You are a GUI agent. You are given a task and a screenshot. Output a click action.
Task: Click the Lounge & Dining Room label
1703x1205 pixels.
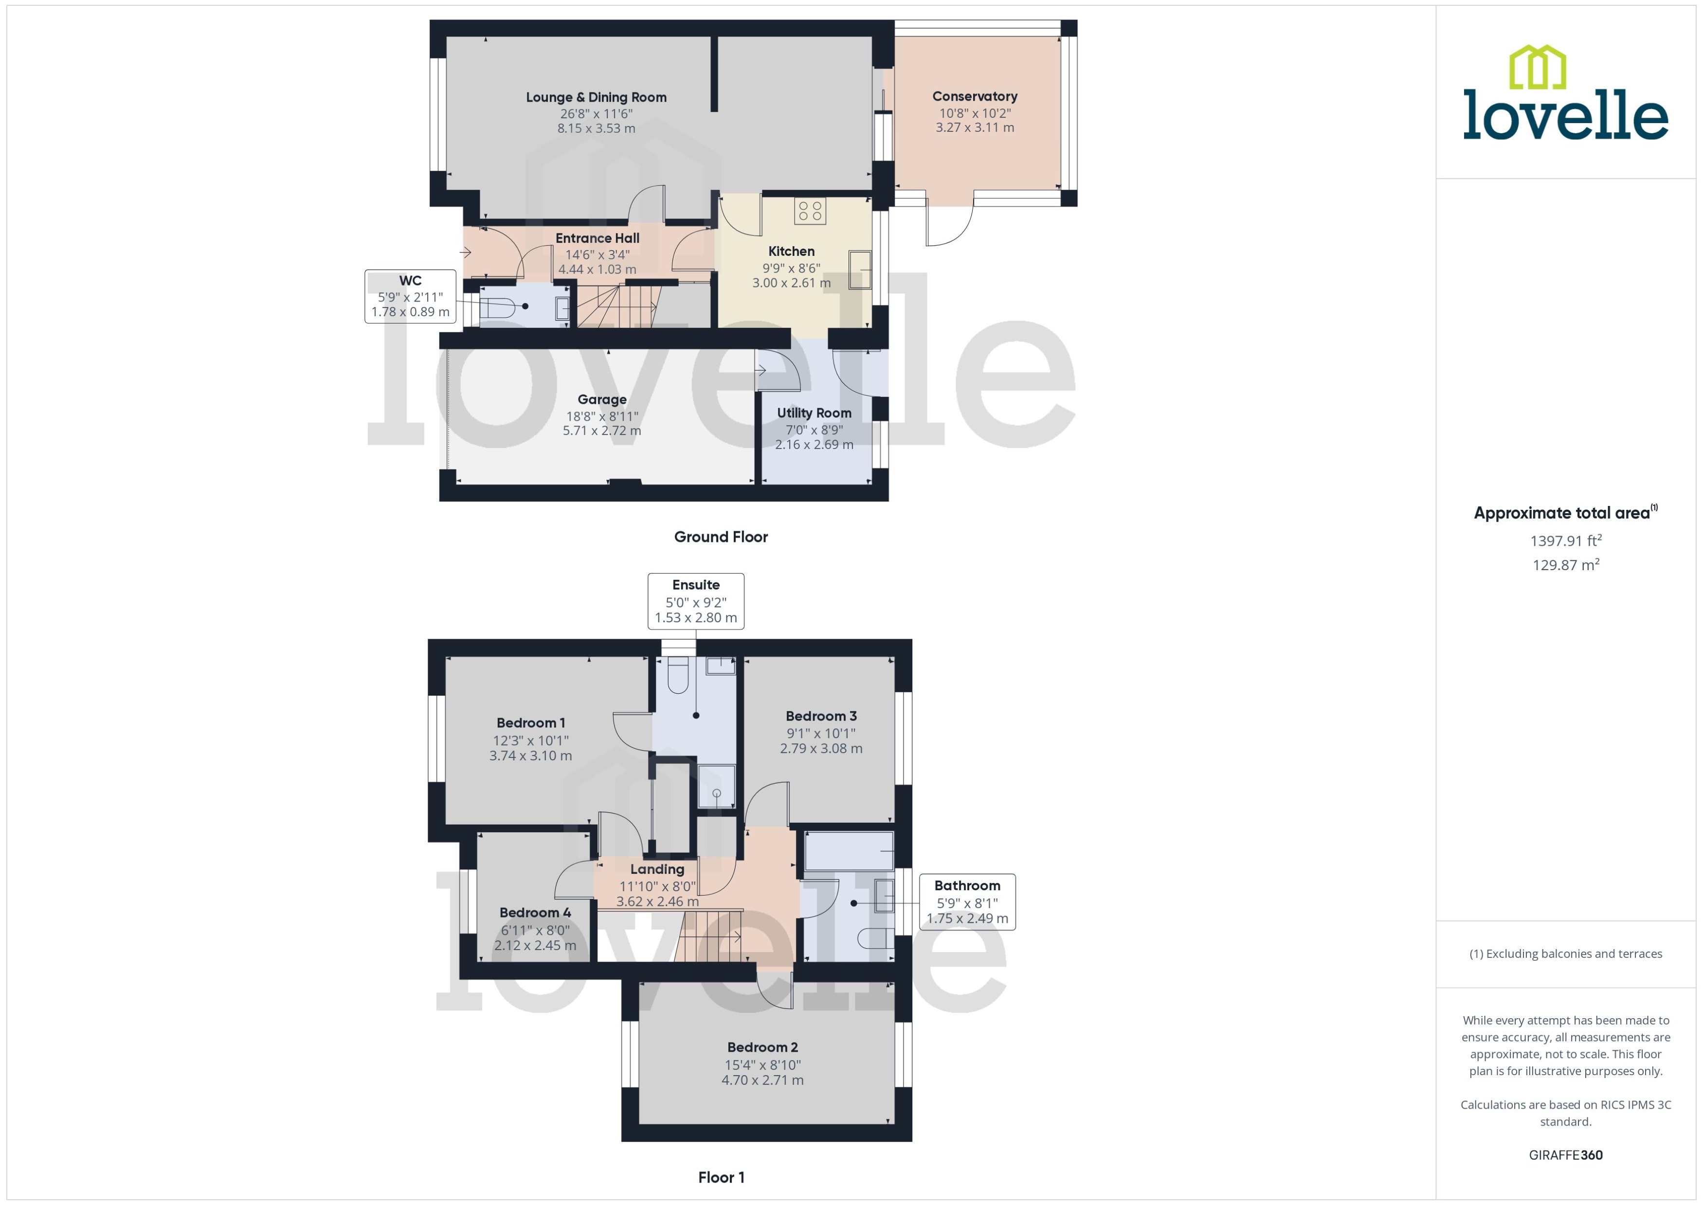596,97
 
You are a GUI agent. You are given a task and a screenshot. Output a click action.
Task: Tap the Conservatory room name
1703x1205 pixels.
974,96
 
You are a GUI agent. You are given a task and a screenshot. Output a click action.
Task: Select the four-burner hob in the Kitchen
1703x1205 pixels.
810,212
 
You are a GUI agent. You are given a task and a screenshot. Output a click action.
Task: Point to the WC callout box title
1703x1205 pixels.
410,281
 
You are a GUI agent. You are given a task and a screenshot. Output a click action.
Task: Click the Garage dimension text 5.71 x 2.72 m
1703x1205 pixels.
602,431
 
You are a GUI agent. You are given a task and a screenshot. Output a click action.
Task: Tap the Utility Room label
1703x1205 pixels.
814,413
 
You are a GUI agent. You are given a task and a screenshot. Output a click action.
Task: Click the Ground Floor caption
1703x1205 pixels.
721,537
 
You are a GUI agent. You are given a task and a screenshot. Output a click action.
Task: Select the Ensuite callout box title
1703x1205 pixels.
695,585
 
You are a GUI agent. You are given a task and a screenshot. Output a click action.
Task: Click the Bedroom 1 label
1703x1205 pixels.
530,723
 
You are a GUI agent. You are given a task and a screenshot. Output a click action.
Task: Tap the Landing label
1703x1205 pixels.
657,869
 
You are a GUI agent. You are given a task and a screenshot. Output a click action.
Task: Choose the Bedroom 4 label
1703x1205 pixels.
535,913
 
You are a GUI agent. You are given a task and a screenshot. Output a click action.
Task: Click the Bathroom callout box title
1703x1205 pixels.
967,885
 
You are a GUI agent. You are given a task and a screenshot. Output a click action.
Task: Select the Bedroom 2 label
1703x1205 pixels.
762,1047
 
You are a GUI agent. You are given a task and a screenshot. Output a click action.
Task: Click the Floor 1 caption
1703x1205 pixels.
721,1177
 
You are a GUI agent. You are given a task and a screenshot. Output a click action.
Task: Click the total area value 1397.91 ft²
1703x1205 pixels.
1566,541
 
